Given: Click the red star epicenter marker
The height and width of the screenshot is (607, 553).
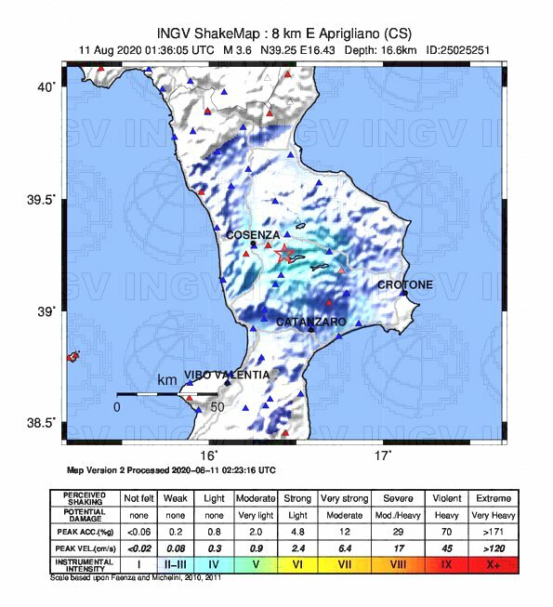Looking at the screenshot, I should tap(284, 253).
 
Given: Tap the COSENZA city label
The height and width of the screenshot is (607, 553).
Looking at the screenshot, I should tap(253, 235).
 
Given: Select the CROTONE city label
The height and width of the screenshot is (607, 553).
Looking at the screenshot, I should tap(404, 284).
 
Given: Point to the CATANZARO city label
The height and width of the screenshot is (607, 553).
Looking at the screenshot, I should tap(311, 322).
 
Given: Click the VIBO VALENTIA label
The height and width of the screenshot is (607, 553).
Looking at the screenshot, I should tap(228, 375).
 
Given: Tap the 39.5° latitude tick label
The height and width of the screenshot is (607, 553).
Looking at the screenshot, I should tap(46, 198).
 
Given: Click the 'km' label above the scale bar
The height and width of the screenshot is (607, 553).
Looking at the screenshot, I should tap(167, 381).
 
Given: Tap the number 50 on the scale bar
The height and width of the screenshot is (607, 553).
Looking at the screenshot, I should tap(217, 407).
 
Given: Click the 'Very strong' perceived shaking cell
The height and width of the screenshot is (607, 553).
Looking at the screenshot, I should tap(345, 497).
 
